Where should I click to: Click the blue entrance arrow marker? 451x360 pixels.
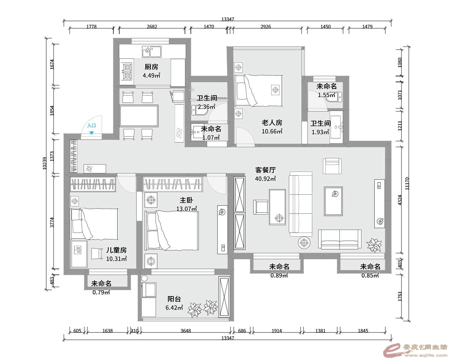(91, 133)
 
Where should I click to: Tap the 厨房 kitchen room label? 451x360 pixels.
(151, 67)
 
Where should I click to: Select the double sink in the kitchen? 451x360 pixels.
(152, 52)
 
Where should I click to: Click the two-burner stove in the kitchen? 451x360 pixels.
(127, 72)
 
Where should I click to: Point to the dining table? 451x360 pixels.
(139, 116)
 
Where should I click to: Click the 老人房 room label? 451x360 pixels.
(272, 123)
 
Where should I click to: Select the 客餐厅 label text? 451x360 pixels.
(265, 170)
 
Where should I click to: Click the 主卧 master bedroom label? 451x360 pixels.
(186, 200)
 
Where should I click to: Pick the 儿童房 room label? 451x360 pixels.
(116, 250)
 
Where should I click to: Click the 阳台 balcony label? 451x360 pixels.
(174, 299)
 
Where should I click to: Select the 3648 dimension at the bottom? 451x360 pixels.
(186, 331)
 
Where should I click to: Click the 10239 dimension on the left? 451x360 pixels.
(45, 163)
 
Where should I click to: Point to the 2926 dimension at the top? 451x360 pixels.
(266, 27)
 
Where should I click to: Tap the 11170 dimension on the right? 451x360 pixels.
(407, 184)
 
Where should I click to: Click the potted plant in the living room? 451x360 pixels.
(374, 245)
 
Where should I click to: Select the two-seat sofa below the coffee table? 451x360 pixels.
(340, 240)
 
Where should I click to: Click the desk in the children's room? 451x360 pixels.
(79, 254)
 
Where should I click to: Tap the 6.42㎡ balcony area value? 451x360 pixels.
(174, 308)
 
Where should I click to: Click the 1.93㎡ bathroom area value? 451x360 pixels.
(320, 132)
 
